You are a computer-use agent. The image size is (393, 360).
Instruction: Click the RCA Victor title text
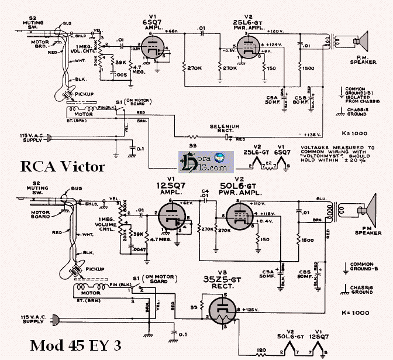(63, 167)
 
